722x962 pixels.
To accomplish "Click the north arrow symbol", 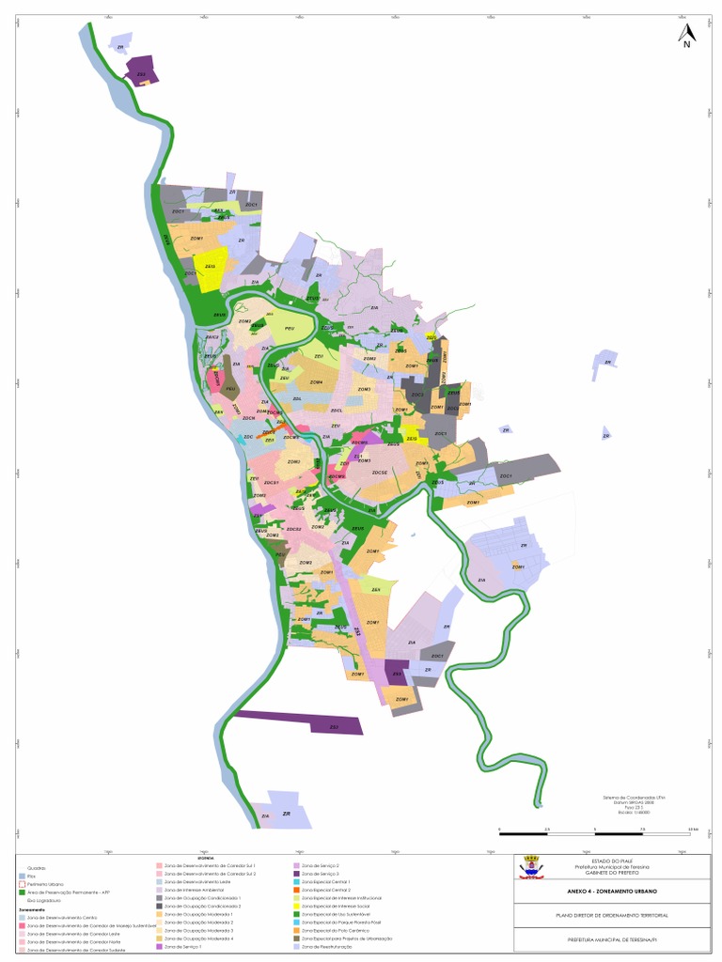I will pos(687,36).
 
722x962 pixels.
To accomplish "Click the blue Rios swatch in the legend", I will pos(22,876).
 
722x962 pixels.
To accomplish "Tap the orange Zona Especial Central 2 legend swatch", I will pos(296,890).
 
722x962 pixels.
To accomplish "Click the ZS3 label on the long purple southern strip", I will pos(334,727).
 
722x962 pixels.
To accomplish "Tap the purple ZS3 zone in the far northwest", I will pos(142,73).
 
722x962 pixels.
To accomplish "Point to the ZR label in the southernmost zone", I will pos(286,813).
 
